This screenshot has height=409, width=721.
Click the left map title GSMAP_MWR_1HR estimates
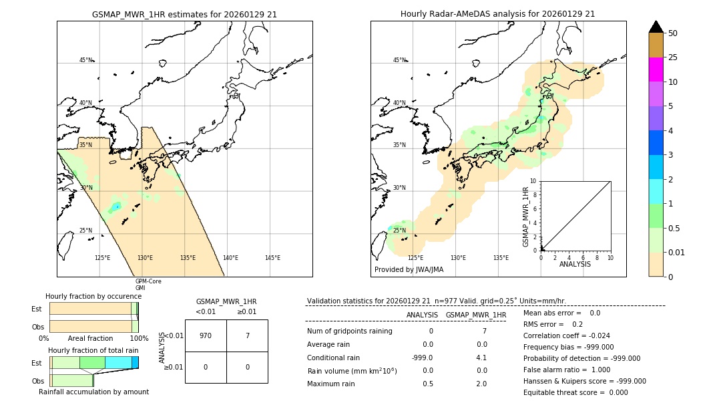tap(184, 14)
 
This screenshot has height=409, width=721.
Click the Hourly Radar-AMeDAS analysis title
tap(497, 14)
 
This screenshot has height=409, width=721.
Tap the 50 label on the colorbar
tap(674, 33)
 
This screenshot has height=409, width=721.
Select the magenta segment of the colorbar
tap(656, 70)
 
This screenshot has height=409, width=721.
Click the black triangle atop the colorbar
tap(656, 27)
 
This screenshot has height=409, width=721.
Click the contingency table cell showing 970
tap(206, 335)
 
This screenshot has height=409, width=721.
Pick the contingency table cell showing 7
tap(247, 335)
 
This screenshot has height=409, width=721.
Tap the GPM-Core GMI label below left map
tap(148, 285)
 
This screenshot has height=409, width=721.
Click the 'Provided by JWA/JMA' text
tap(409, 270)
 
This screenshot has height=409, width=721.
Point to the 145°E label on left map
tap(272, 258)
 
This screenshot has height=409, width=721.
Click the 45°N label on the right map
tap(399, 60)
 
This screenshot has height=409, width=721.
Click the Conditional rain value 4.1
tap(481, 357)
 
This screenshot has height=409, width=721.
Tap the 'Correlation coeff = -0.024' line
tap(566, 335)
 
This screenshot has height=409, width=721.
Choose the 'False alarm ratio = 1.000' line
tap(566, 370)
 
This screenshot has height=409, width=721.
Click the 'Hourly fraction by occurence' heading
tap(93, 296)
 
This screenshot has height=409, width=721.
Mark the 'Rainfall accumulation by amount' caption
tap(93, 392)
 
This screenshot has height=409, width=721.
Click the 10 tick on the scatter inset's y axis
tap(533, 181)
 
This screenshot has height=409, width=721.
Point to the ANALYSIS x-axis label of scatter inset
tap(575, 265)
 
